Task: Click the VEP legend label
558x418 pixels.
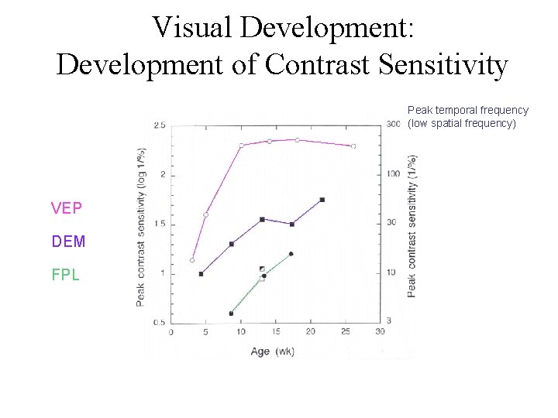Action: point(66,207)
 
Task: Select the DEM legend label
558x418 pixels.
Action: point(68,242)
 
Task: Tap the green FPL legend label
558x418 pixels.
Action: point(66,275)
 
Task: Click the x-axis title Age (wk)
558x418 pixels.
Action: point(272,351)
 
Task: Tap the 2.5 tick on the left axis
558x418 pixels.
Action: point(160,125)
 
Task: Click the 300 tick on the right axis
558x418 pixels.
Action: point(393,125)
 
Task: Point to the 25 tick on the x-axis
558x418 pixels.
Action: point(346,332)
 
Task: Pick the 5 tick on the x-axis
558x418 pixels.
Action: point(205,332)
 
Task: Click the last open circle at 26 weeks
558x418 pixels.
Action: point(353,146)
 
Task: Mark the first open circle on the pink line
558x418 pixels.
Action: point(192,260)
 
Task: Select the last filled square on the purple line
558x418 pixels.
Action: point(322,200)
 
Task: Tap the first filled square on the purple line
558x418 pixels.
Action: point(201,274)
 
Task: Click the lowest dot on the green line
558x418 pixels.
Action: point(231,313)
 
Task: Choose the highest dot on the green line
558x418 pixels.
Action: point(291,254)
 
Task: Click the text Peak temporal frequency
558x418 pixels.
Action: point(467,111)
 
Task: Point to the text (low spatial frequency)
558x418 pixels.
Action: point(462,123)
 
